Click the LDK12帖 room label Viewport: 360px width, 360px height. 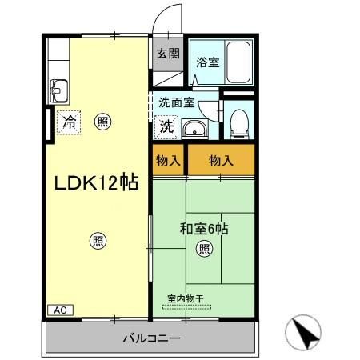[96, 182]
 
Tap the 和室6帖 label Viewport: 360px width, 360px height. [205, 230]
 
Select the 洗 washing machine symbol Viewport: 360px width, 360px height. [166, 126]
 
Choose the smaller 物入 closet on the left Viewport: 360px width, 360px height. [168, 161]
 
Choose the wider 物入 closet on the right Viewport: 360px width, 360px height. [221, 161]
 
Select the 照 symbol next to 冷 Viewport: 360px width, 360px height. [102, 122]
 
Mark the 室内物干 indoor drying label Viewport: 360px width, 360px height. [186, 298]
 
